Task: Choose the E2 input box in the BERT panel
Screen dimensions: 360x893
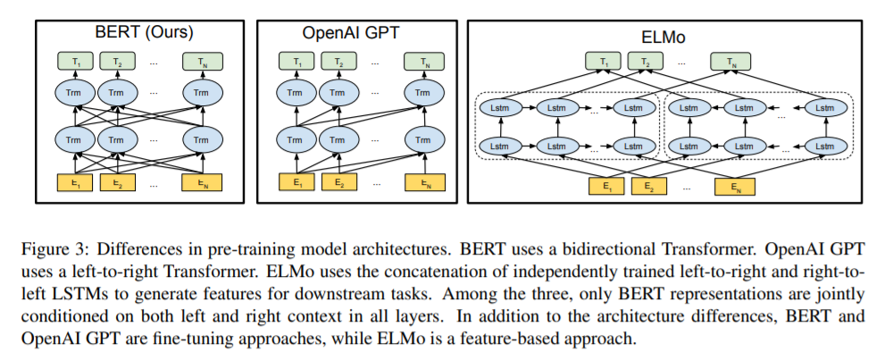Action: (x=117, y=183)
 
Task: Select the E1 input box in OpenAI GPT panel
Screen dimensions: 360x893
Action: (x=294, y=183)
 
